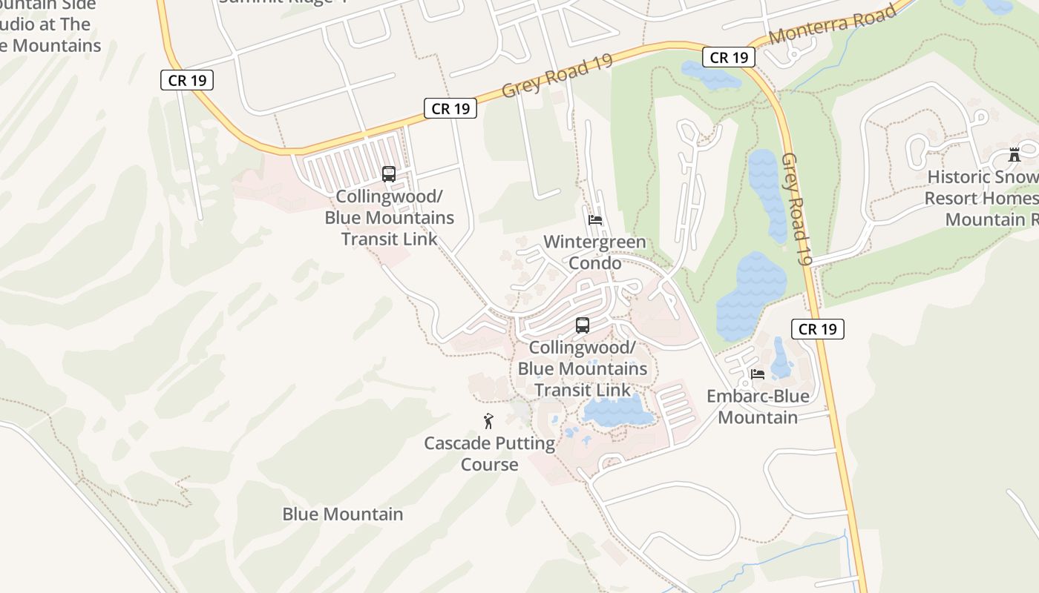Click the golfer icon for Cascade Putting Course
(488, 421)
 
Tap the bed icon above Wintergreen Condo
(595, 220)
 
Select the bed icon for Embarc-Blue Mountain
(758, 374)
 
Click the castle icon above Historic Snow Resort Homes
(1015, 155)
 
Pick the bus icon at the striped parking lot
(389, 174)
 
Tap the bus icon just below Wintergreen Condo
(583, 325)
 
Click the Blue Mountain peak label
(343, 514)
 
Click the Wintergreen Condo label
(594, 253)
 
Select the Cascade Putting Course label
(489, 454)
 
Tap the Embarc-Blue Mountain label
(758, 407)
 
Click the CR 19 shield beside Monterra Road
(728, 57)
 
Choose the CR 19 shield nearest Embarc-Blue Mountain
(818, 328)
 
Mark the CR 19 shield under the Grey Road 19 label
(450, 108)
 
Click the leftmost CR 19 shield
(187, 80)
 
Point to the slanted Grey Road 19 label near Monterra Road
(557, 75)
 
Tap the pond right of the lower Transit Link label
(617, 410)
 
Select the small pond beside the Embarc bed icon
(780, 358)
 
